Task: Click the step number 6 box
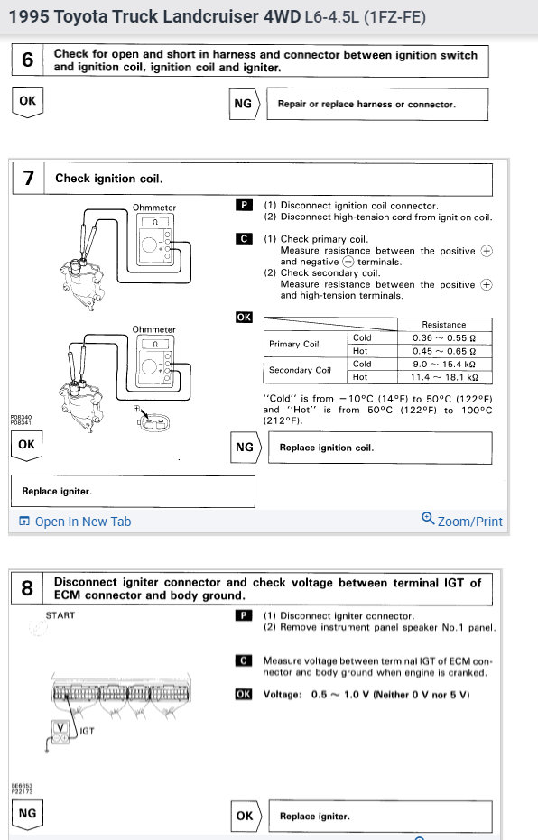tap(27, 60)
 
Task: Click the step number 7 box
tap(28, 178)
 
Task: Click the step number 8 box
tap(27, 588)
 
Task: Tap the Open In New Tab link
tap(75, 522)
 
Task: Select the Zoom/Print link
tap(462, 521)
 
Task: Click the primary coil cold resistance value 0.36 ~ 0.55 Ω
tap(444, 338)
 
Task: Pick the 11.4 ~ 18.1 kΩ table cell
tap(444, 377)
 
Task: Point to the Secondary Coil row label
tap(300, 370)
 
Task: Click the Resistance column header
tap(444, 325)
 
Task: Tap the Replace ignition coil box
tap(380, 448)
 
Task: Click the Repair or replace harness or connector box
tap(377, 104)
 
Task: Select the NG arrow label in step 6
tap(245, 104)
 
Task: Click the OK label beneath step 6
tap(27, 101)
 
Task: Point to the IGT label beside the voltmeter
tap(87, 731)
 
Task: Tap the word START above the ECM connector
tap(60, 615)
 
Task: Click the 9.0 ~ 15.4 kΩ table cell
tap(444, 365)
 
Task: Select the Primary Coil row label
tap(294, 344)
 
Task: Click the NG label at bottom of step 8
tap(27, 814)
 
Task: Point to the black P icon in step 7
tap(244, 205)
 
